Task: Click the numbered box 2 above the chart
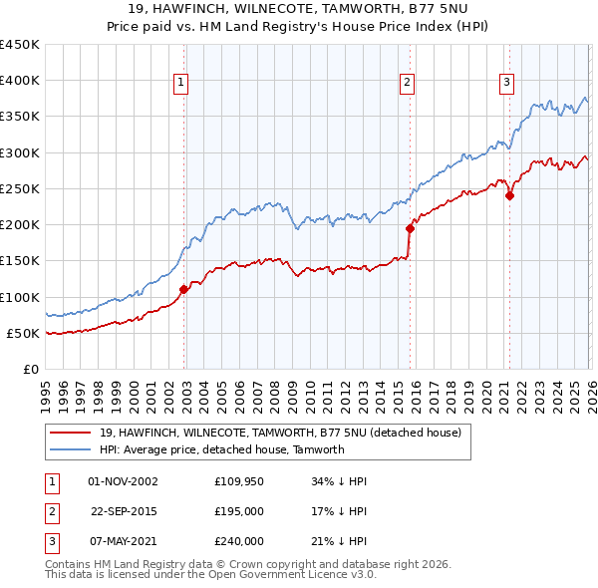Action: [x=408, y=83]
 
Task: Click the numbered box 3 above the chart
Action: [x=506, y=83]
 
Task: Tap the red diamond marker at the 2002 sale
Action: [x=183, y=290]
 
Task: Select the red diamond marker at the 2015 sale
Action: [x=410, y=228]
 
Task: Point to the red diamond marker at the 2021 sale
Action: [x=509, y=196]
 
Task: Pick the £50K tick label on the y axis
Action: [x=23, y=333]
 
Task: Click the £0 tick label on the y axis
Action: [x=30, y=369]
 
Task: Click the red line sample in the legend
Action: [x=70, y=434]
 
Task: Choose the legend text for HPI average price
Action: [x=221, y=449]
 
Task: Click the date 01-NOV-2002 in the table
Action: [x=123, y=481]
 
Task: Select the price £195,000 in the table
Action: [x=239, y=511]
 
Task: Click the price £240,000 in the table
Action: [x=239, y=541]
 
